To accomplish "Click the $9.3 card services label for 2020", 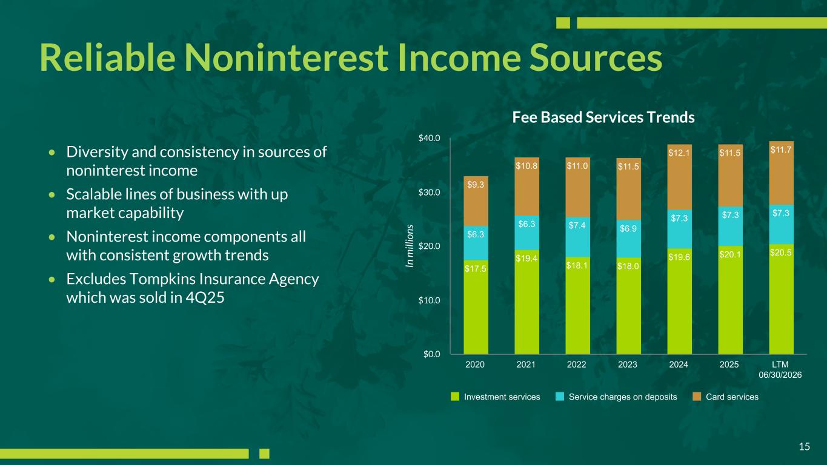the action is (x=476, y=185).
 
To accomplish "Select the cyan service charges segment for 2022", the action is (x=577, y=237).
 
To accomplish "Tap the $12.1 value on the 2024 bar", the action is (x=679, y=153).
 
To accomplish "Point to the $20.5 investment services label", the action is (x=781, y=253).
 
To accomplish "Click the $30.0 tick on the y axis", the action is (x=429, y=193).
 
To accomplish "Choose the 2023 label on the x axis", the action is (x=628, y=364).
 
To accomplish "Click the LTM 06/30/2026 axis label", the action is (x=780, y=369).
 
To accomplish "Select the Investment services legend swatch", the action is (x=455, y=397).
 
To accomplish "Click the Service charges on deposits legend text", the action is (x=623, y=397).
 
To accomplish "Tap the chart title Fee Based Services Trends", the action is (x=603, y=117).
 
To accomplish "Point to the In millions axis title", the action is (x=410, y=246).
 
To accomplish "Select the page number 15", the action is (x=805, y=447).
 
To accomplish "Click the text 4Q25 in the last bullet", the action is (x=205, y=298).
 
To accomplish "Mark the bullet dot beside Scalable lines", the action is (x=52, y=194).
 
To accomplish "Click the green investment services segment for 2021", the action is (x=527, y=302).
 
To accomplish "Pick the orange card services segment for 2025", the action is (x=730, y=176).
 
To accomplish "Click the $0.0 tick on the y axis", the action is (x=431, y=354).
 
